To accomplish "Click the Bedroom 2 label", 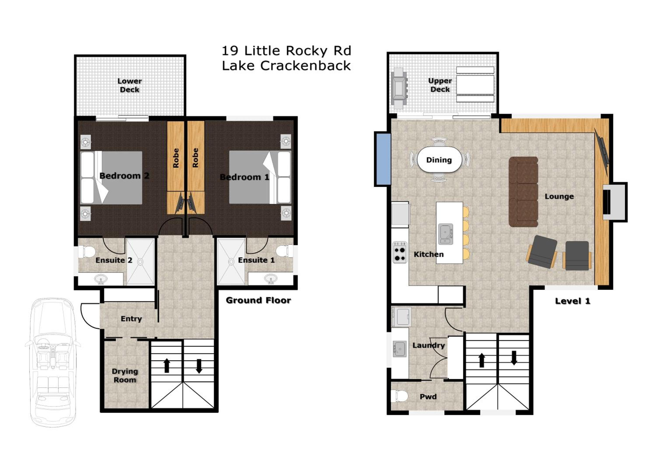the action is pos(124,176).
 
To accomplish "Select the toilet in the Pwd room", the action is pos(400,396).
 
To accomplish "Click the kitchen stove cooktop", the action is pos(400,252).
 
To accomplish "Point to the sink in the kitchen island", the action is pos(446,234).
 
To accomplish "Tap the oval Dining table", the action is pos(439,160).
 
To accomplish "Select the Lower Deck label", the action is pos(130,85).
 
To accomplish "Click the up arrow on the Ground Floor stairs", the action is pos(167,366).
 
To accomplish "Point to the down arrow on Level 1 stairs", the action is pos(514,358).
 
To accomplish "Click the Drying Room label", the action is pos(125,375).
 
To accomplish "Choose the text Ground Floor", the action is pos(258,300).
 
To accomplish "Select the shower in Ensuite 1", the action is pos(231,262).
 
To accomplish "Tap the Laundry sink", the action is pos(400,349).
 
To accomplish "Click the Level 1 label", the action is pos(572,301).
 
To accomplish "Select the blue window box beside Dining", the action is pos(383,159).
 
